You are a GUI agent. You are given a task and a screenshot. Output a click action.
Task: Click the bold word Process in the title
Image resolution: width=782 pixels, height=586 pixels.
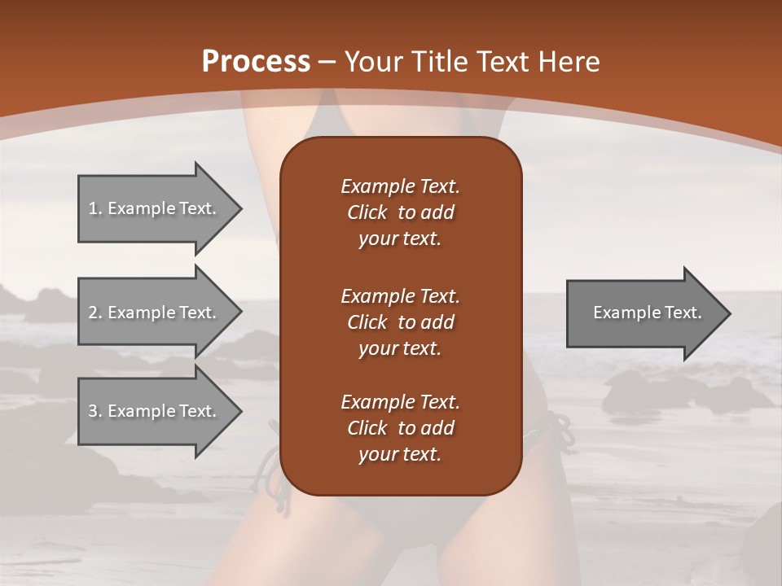(x=256, y=62)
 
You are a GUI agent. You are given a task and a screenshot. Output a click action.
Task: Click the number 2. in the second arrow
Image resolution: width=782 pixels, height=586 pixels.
(x=95, y=313)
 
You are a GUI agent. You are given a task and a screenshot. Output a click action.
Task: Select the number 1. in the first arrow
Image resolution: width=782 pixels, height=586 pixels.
(x=95, y=208)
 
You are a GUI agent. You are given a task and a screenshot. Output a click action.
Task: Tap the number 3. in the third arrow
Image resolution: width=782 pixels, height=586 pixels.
(x=95, y=411)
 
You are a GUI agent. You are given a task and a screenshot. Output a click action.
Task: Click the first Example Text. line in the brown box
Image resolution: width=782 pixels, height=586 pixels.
(x=400, y=186)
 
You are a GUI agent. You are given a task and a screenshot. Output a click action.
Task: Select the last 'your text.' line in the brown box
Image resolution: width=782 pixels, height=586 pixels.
(x=400, y=455)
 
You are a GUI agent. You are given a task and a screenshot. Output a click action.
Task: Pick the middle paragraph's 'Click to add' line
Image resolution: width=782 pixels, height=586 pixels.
(x=400, y=322)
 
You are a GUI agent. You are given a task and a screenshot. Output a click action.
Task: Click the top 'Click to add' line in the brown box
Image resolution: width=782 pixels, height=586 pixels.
(x=400, y=212)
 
